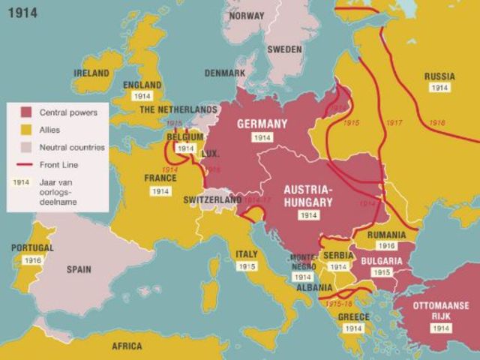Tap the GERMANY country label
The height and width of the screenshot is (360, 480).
pyautogui.click(x=262, y=124)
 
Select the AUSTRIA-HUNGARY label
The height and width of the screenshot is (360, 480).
pyautogui.click(x=307, y=195)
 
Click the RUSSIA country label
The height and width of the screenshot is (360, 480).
pyautogui.click(x=439, y=76)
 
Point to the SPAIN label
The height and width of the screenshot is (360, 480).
pyautogui.click(x=79, y=268)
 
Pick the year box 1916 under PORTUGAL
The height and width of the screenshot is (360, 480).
pyautogui.click(x=32, y=260)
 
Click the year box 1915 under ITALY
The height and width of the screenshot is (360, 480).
pyautogui.click(x=247, y=266)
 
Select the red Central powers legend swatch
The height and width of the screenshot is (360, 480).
pyautogui.click(x=25, y=112)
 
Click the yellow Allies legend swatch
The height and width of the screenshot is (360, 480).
pyautogui.click(x=25, y=130)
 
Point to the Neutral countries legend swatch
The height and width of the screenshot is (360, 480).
pyautogui.click(x=25, y=147)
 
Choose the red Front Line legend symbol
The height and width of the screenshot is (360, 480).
pyautogui.click(x=25, y=164)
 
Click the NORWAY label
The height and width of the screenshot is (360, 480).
pyautogui.click(x=247, y=15)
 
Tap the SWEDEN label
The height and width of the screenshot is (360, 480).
pyautogui.click(x=284, y=49)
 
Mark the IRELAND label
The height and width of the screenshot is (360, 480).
pyautogui.click(x=91, y=73)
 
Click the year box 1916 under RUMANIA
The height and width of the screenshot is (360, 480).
pyautogui.click(x=387, y=246)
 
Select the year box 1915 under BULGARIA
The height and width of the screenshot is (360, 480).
pyautogui.click(x=382, y=272)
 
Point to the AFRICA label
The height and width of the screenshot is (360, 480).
pyautogui.click(x=127, y=346)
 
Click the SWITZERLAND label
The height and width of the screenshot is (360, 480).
pyautogui.click(x=213, y=200)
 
